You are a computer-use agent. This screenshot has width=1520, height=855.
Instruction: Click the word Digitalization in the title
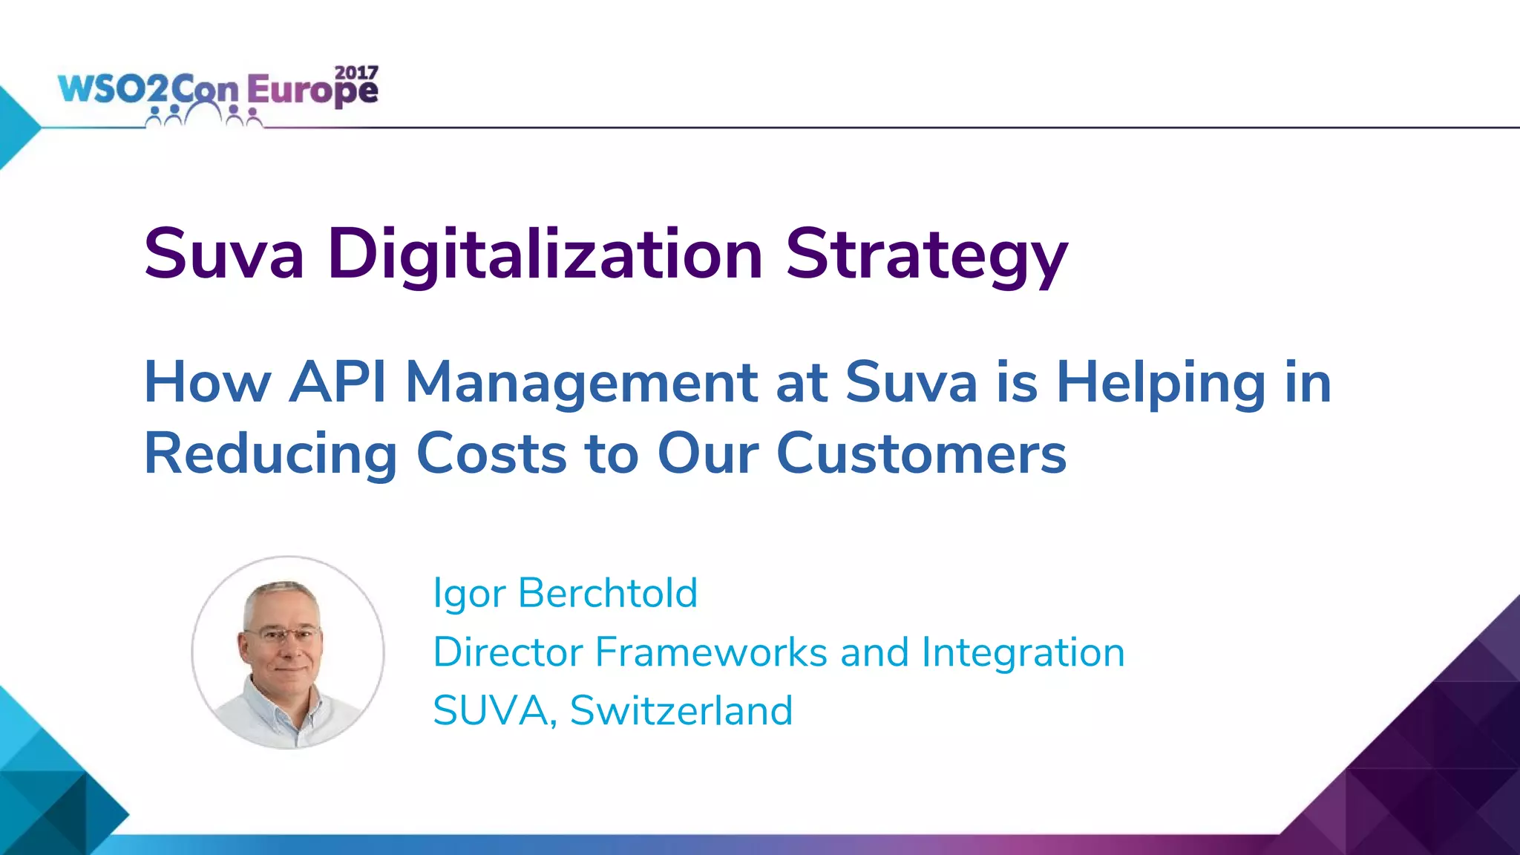[546, 255]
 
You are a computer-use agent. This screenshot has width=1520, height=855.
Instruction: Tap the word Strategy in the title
[926, 255]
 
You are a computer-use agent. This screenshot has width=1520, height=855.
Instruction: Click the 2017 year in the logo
[356, 73]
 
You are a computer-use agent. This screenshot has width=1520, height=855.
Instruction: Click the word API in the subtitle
[338, 382]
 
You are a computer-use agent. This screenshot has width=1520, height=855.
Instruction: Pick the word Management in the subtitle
[581, 382]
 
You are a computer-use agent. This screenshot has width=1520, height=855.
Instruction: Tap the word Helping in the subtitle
[1161, 382]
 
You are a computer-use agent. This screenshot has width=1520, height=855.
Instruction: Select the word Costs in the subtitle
[491, 453]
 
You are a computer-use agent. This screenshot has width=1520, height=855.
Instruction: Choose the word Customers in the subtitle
[921, 453]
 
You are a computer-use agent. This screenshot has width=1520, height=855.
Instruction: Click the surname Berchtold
[608, 593]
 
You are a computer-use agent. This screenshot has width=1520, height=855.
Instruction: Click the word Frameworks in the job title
[711, 652]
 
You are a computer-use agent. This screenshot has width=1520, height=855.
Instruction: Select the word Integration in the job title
[1023, 653]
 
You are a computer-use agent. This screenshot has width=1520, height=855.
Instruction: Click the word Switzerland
[681, 710]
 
